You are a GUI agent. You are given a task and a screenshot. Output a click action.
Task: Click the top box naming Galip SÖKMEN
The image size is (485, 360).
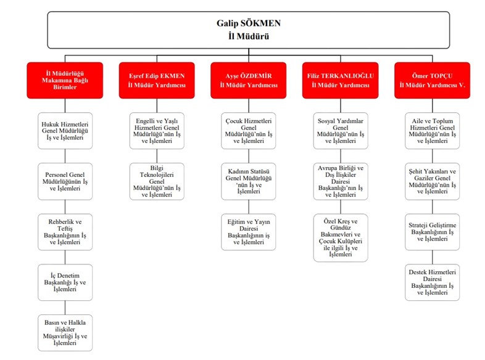(x=249, y=30)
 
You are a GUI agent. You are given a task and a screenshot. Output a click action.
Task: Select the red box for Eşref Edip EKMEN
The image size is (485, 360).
(x=157, y=80)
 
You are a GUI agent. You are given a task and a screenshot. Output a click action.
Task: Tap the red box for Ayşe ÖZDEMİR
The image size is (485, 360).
(x=249, y=80)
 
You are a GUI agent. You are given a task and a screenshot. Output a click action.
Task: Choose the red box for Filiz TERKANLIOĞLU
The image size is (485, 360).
(x=340, y=80)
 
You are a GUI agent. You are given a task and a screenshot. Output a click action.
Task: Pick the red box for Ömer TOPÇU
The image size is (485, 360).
(x=432, y=80)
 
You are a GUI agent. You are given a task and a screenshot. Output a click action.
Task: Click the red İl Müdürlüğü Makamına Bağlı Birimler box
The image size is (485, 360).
(x=65, y=80)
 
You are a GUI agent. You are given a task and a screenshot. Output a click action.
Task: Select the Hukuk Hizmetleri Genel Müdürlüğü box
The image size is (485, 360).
(x=65, y=131)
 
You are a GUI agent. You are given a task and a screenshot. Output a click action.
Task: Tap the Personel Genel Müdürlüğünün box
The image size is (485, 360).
(x=65, y=181)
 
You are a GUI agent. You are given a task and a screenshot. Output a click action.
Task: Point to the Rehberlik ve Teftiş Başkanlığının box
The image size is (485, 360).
(x=65, y=232)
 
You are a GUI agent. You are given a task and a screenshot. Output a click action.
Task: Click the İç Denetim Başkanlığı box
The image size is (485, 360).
(x=65, y=282)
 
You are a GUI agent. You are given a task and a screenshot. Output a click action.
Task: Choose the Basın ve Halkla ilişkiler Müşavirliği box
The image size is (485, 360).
(x=65, y=332)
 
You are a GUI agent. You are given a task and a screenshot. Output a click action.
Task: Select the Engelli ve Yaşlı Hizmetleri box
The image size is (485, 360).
(x=157, y=131)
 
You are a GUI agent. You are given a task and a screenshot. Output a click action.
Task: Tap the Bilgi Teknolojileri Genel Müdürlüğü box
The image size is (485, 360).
(x=157, y=181)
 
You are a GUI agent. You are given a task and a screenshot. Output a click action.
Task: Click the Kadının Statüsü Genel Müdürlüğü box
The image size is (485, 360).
(x=249, y=181)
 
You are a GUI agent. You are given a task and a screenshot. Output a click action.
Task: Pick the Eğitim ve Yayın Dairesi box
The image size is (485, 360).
(x=249, y=232)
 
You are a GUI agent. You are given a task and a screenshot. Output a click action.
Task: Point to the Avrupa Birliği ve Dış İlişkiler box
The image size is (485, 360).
(x=341, y=181)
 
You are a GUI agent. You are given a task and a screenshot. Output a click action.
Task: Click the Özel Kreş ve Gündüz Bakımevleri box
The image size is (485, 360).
(x=341, y=237)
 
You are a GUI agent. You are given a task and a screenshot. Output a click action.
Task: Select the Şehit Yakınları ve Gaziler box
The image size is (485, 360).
(x=432, y=181)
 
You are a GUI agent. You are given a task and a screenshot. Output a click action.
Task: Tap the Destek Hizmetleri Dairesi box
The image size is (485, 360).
(x=432, y=282)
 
